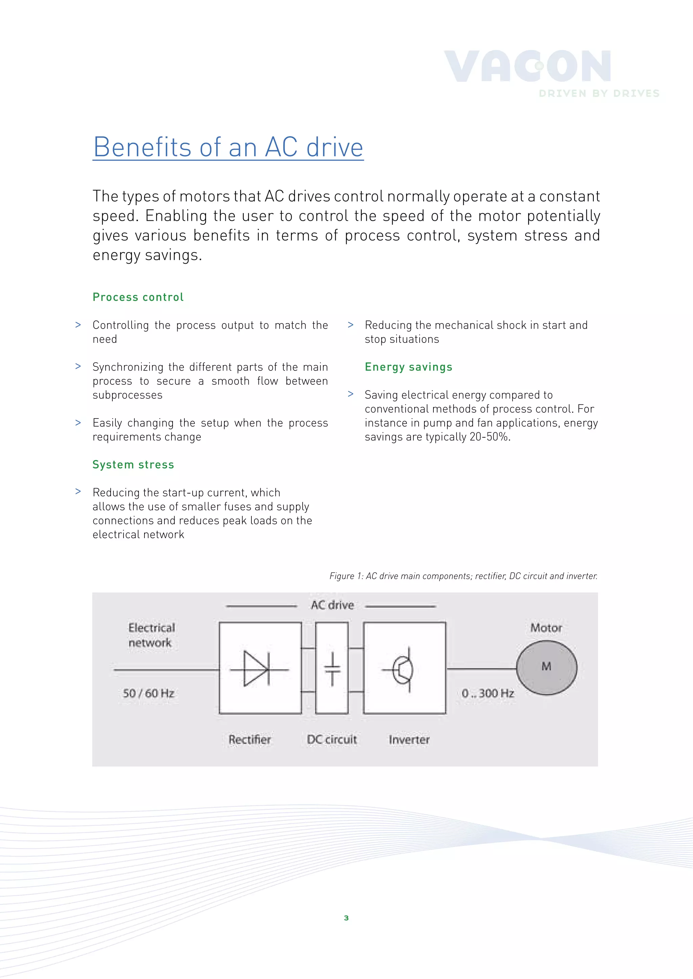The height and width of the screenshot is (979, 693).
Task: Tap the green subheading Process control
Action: [x=138, y=297]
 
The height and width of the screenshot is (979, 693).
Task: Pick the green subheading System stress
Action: [x=133, y=464]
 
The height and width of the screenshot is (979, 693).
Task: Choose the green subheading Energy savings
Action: [x=408, y=367]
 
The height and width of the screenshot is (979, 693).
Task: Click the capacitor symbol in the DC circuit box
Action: [x=332, y=669]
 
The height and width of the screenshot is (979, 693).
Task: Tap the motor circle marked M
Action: [x=546, y=668]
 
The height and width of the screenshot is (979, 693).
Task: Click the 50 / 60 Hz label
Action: [x=149, y=693]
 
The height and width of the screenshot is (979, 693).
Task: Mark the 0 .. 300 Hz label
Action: [x=488, y=693]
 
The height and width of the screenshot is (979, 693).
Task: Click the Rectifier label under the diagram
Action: [x=250, y=740]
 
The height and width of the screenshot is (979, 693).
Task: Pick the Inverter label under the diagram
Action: [x=409, y=740]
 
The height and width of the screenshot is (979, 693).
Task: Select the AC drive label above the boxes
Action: [x=332, y=605]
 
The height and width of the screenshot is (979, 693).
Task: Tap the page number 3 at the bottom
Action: [x=346, y=918]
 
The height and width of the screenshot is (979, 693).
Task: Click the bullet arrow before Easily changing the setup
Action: [x=78, y=423]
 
